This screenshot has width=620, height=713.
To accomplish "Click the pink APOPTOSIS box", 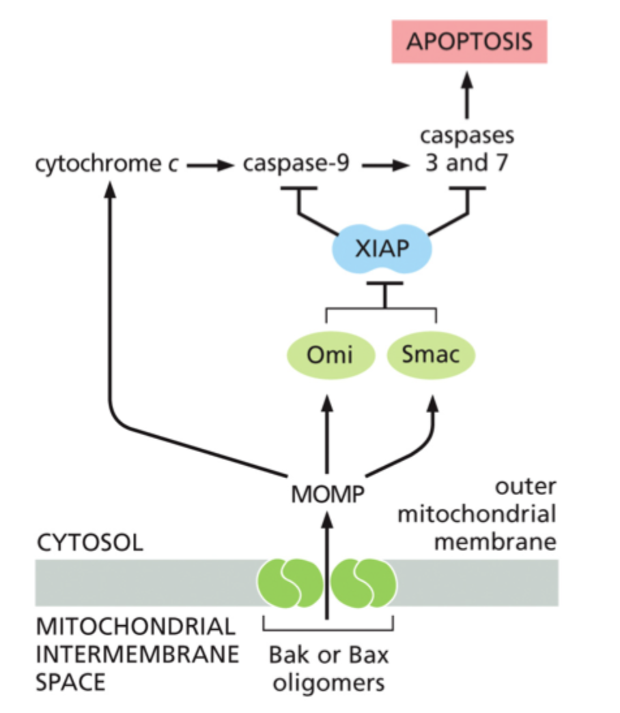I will (469, 41).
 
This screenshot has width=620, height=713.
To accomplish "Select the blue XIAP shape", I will (381, 250).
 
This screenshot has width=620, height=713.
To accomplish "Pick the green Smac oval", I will (431, 355).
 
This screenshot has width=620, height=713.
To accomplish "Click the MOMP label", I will (326, 494).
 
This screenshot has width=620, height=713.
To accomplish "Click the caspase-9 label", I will (296, 164).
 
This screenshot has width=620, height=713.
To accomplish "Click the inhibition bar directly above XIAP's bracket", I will (385, 284).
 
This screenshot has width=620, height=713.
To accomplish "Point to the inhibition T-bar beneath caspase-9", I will (298, 189).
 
